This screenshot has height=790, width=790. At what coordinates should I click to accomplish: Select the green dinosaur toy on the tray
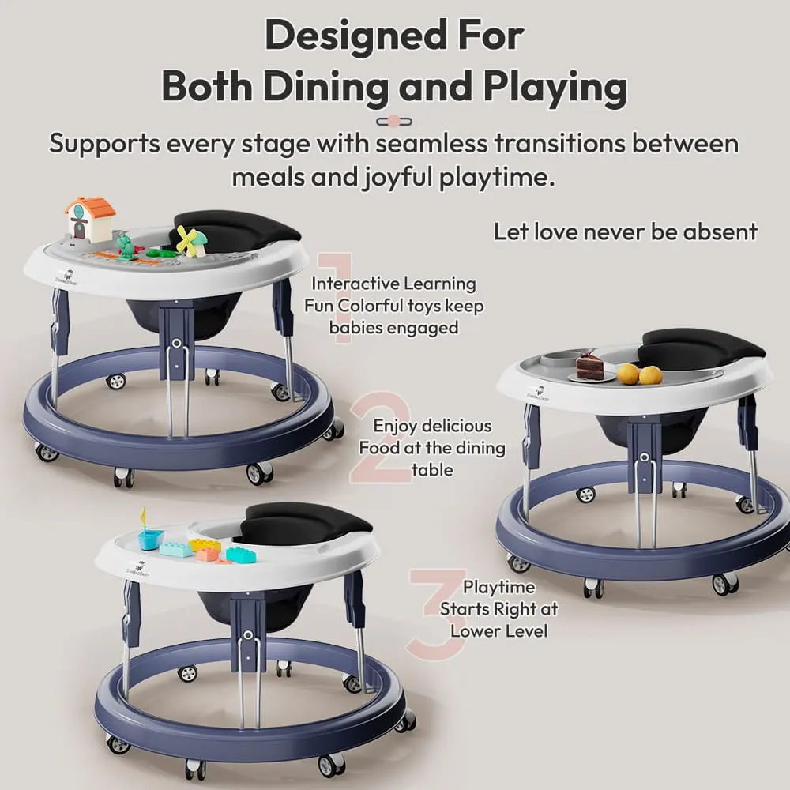[126, 245]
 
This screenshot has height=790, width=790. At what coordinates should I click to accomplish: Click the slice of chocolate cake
[589, 366]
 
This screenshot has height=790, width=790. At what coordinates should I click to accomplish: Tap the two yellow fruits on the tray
[640, 374]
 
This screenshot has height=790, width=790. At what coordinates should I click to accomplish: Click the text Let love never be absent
[625, 231]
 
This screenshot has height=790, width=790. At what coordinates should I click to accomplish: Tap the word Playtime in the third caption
[498, 587]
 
